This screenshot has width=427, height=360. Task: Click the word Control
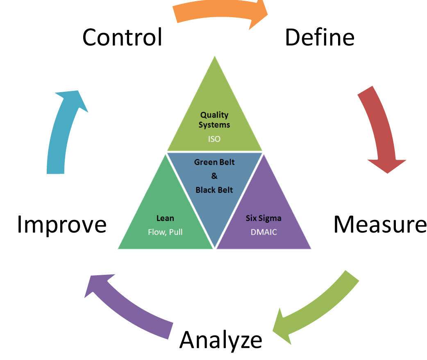(122, 37)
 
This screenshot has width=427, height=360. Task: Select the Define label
(319, 37)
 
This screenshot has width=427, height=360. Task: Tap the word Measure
(379, 224)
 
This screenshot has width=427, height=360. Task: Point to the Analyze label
(221, 340)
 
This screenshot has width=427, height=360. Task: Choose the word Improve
(61, 225)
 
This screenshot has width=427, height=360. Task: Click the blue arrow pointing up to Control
(61, 131)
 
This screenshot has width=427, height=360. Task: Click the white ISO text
(214, 139)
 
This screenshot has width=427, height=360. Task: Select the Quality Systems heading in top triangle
(214, 120)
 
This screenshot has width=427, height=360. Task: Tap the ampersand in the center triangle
(214, 176)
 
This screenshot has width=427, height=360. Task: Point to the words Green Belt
(214, 162)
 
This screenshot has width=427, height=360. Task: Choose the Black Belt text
(214, 190)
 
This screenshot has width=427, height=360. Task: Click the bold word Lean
(165, 218)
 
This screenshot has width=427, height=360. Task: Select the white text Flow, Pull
(165, 232)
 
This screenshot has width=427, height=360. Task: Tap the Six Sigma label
(263, 218)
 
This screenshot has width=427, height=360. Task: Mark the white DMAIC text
(263, 232)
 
